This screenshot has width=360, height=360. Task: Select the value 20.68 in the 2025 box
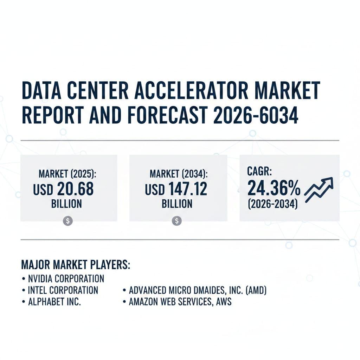click(75, 189)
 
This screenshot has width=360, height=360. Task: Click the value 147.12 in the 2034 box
click(188, 189)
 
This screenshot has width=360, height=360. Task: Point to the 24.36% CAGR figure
click(274, 188)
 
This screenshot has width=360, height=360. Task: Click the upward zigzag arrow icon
click(319, 189)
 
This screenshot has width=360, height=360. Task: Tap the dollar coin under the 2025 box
click(68, 221)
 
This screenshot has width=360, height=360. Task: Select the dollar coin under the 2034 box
click(177, 221)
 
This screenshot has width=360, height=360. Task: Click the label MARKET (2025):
click(67, 174)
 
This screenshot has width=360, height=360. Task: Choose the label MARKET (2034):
click(179, 174)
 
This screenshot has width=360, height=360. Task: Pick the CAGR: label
click(259, 171)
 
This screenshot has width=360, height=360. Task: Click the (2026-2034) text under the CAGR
click(273, 204)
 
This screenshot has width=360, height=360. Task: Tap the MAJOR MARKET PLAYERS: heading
click(76, 264)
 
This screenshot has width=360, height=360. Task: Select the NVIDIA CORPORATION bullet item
click(66, 279)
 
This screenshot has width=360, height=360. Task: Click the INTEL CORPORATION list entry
click(63, 290)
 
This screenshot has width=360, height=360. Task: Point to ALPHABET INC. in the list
click(54, 302)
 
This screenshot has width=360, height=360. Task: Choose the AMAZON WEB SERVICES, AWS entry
click(180, 302)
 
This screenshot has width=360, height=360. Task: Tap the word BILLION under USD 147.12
click(177, 204)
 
